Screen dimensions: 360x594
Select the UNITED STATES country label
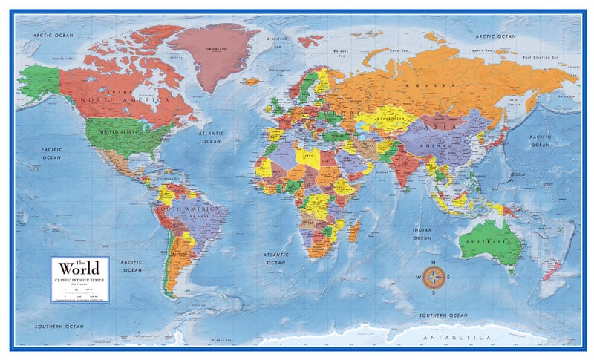[118, 131]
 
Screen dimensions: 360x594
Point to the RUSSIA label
[425, 85]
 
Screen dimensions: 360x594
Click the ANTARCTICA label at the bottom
[463, 337]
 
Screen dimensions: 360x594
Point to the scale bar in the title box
[79, 291]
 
